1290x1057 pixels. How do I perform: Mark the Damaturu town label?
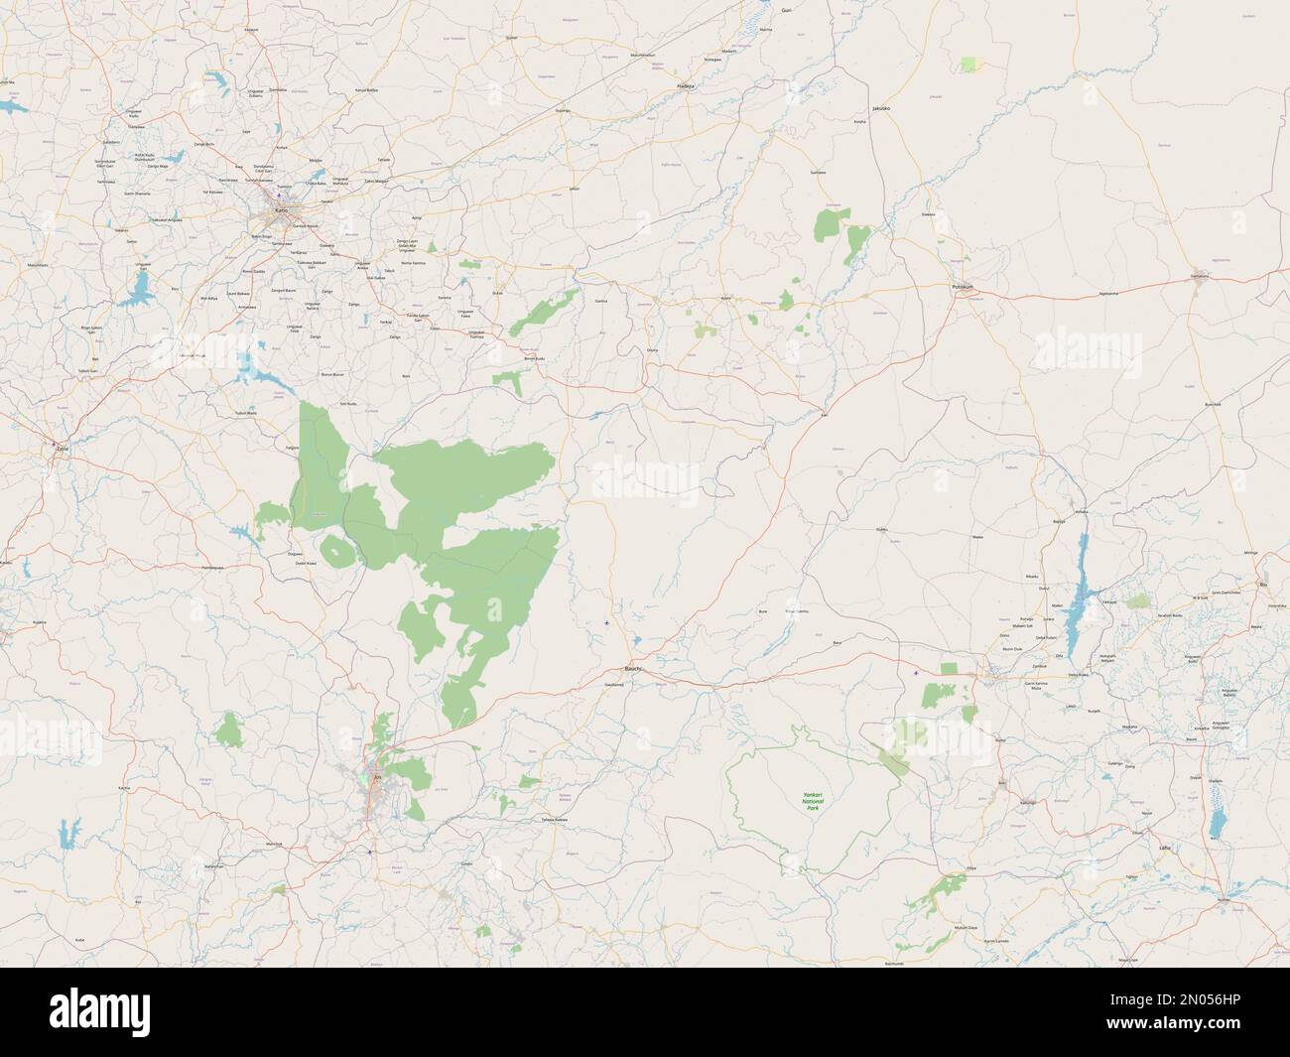(x=1200, y=276)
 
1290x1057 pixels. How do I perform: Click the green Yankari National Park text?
(x=813, y=801)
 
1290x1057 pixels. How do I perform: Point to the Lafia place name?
(x=1165, y=849)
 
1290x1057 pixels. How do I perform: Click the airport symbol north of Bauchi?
(x=607, y=623)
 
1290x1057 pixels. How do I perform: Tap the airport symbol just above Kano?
(x=279, y=195)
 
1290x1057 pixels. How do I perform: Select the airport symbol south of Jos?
(x=370, y=852)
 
